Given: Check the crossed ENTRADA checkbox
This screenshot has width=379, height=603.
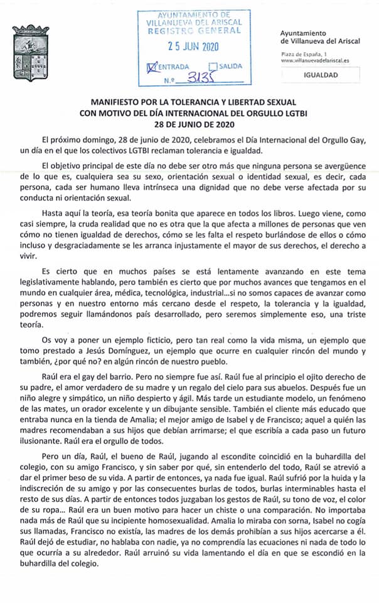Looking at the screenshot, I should click(x=151, y=65).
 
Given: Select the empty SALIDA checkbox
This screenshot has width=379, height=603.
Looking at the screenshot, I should click(x=213, y=65).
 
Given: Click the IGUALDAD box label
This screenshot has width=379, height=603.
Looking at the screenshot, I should click(x=321, y=75).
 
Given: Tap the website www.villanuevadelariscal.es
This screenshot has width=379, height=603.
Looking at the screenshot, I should click(x=315, y=60).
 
